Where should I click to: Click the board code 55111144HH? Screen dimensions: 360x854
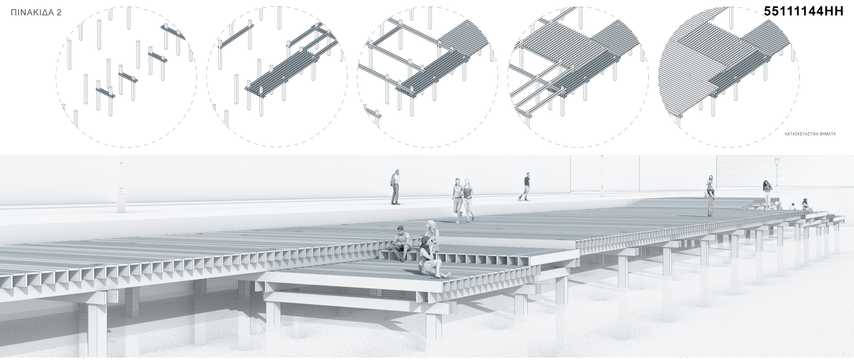coord(803,12)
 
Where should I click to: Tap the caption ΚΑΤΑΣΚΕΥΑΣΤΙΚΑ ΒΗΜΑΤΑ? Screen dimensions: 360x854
coord(810,134)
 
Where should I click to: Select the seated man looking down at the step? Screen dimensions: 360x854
coord(401,243)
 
